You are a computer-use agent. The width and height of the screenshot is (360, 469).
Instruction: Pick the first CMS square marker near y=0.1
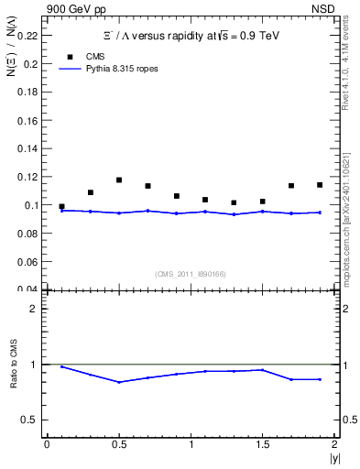click(x=61, y=207)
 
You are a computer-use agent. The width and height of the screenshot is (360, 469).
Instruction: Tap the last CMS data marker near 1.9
click(x=320, y=185)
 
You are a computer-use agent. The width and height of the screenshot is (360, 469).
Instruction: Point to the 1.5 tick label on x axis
click(x=263, y=445)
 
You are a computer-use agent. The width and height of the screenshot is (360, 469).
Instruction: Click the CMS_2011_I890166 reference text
click(x=191, y=273)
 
